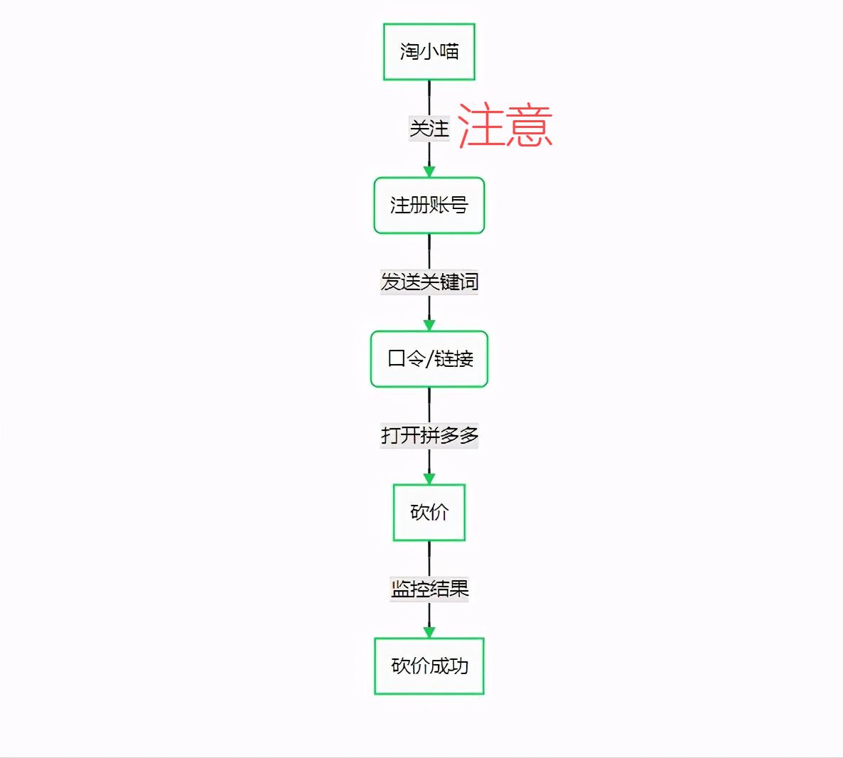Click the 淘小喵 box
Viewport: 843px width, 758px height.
pos(429,52)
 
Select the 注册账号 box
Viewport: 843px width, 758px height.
pos(429,205)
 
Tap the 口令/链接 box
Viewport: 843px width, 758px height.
pos(429,359)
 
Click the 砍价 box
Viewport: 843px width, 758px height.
pos(429,513)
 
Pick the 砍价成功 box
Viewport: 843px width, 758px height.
pos(429,666)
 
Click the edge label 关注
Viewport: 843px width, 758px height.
pos(429,129)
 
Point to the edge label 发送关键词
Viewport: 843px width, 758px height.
pos(429,282)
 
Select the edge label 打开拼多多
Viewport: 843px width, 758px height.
pos(429,435)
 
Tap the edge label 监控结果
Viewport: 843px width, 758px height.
pos(429,589)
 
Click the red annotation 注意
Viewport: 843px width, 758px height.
pos(505,126)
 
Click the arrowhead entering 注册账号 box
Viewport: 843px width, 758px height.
pos(429,172)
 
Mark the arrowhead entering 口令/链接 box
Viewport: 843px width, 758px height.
pos(429,326)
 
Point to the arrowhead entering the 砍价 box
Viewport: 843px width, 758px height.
pos(429,479)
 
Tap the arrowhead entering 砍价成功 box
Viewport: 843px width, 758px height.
pos(429,633)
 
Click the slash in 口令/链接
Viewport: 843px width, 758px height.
pos(429,359)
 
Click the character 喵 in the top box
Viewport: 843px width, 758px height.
pos(449,52)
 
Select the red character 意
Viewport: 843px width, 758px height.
pos(529,126)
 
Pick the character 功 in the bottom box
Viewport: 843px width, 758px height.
pos(458,666)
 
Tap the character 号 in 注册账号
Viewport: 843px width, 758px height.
pos(458,205)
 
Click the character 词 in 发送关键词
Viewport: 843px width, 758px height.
pos(468,282)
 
